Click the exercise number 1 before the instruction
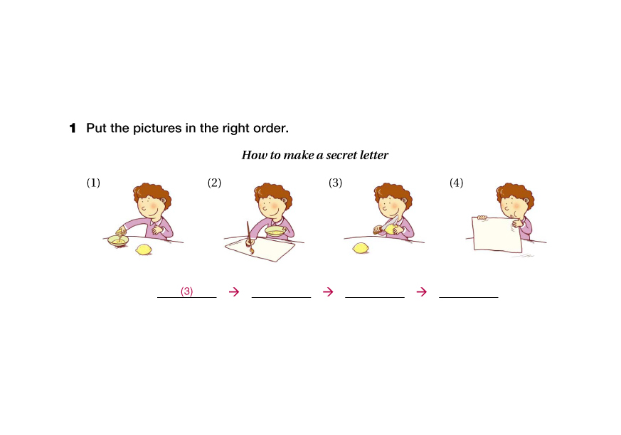click(x=73, y=128)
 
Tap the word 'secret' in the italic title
click(x=339, y=155)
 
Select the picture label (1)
click(x=93, y=183)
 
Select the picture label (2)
click(x=214, y=183)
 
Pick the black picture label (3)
click(x=336, y=183)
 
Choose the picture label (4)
click(x=456, y=183)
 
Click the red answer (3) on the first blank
click(x=186, y=291)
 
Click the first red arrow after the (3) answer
click(x=234, y=291)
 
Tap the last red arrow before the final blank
click(x=422, y=291)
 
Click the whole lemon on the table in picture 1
click(x=144, y=249)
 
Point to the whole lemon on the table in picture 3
click(x=361, y=248)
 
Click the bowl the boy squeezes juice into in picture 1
click(x=118, y=241)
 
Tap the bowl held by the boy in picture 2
click(x=276, y=231)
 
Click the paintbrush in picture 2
click(x=250, y=237)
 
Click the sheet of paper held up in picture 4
click(x=497, y=235)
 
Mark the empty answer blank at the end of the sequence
click(x=469, y=297)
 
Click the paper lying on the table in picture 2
click(x=260, y=249)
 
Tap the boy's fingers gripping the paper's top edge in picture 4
click(x=482, y=217)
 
